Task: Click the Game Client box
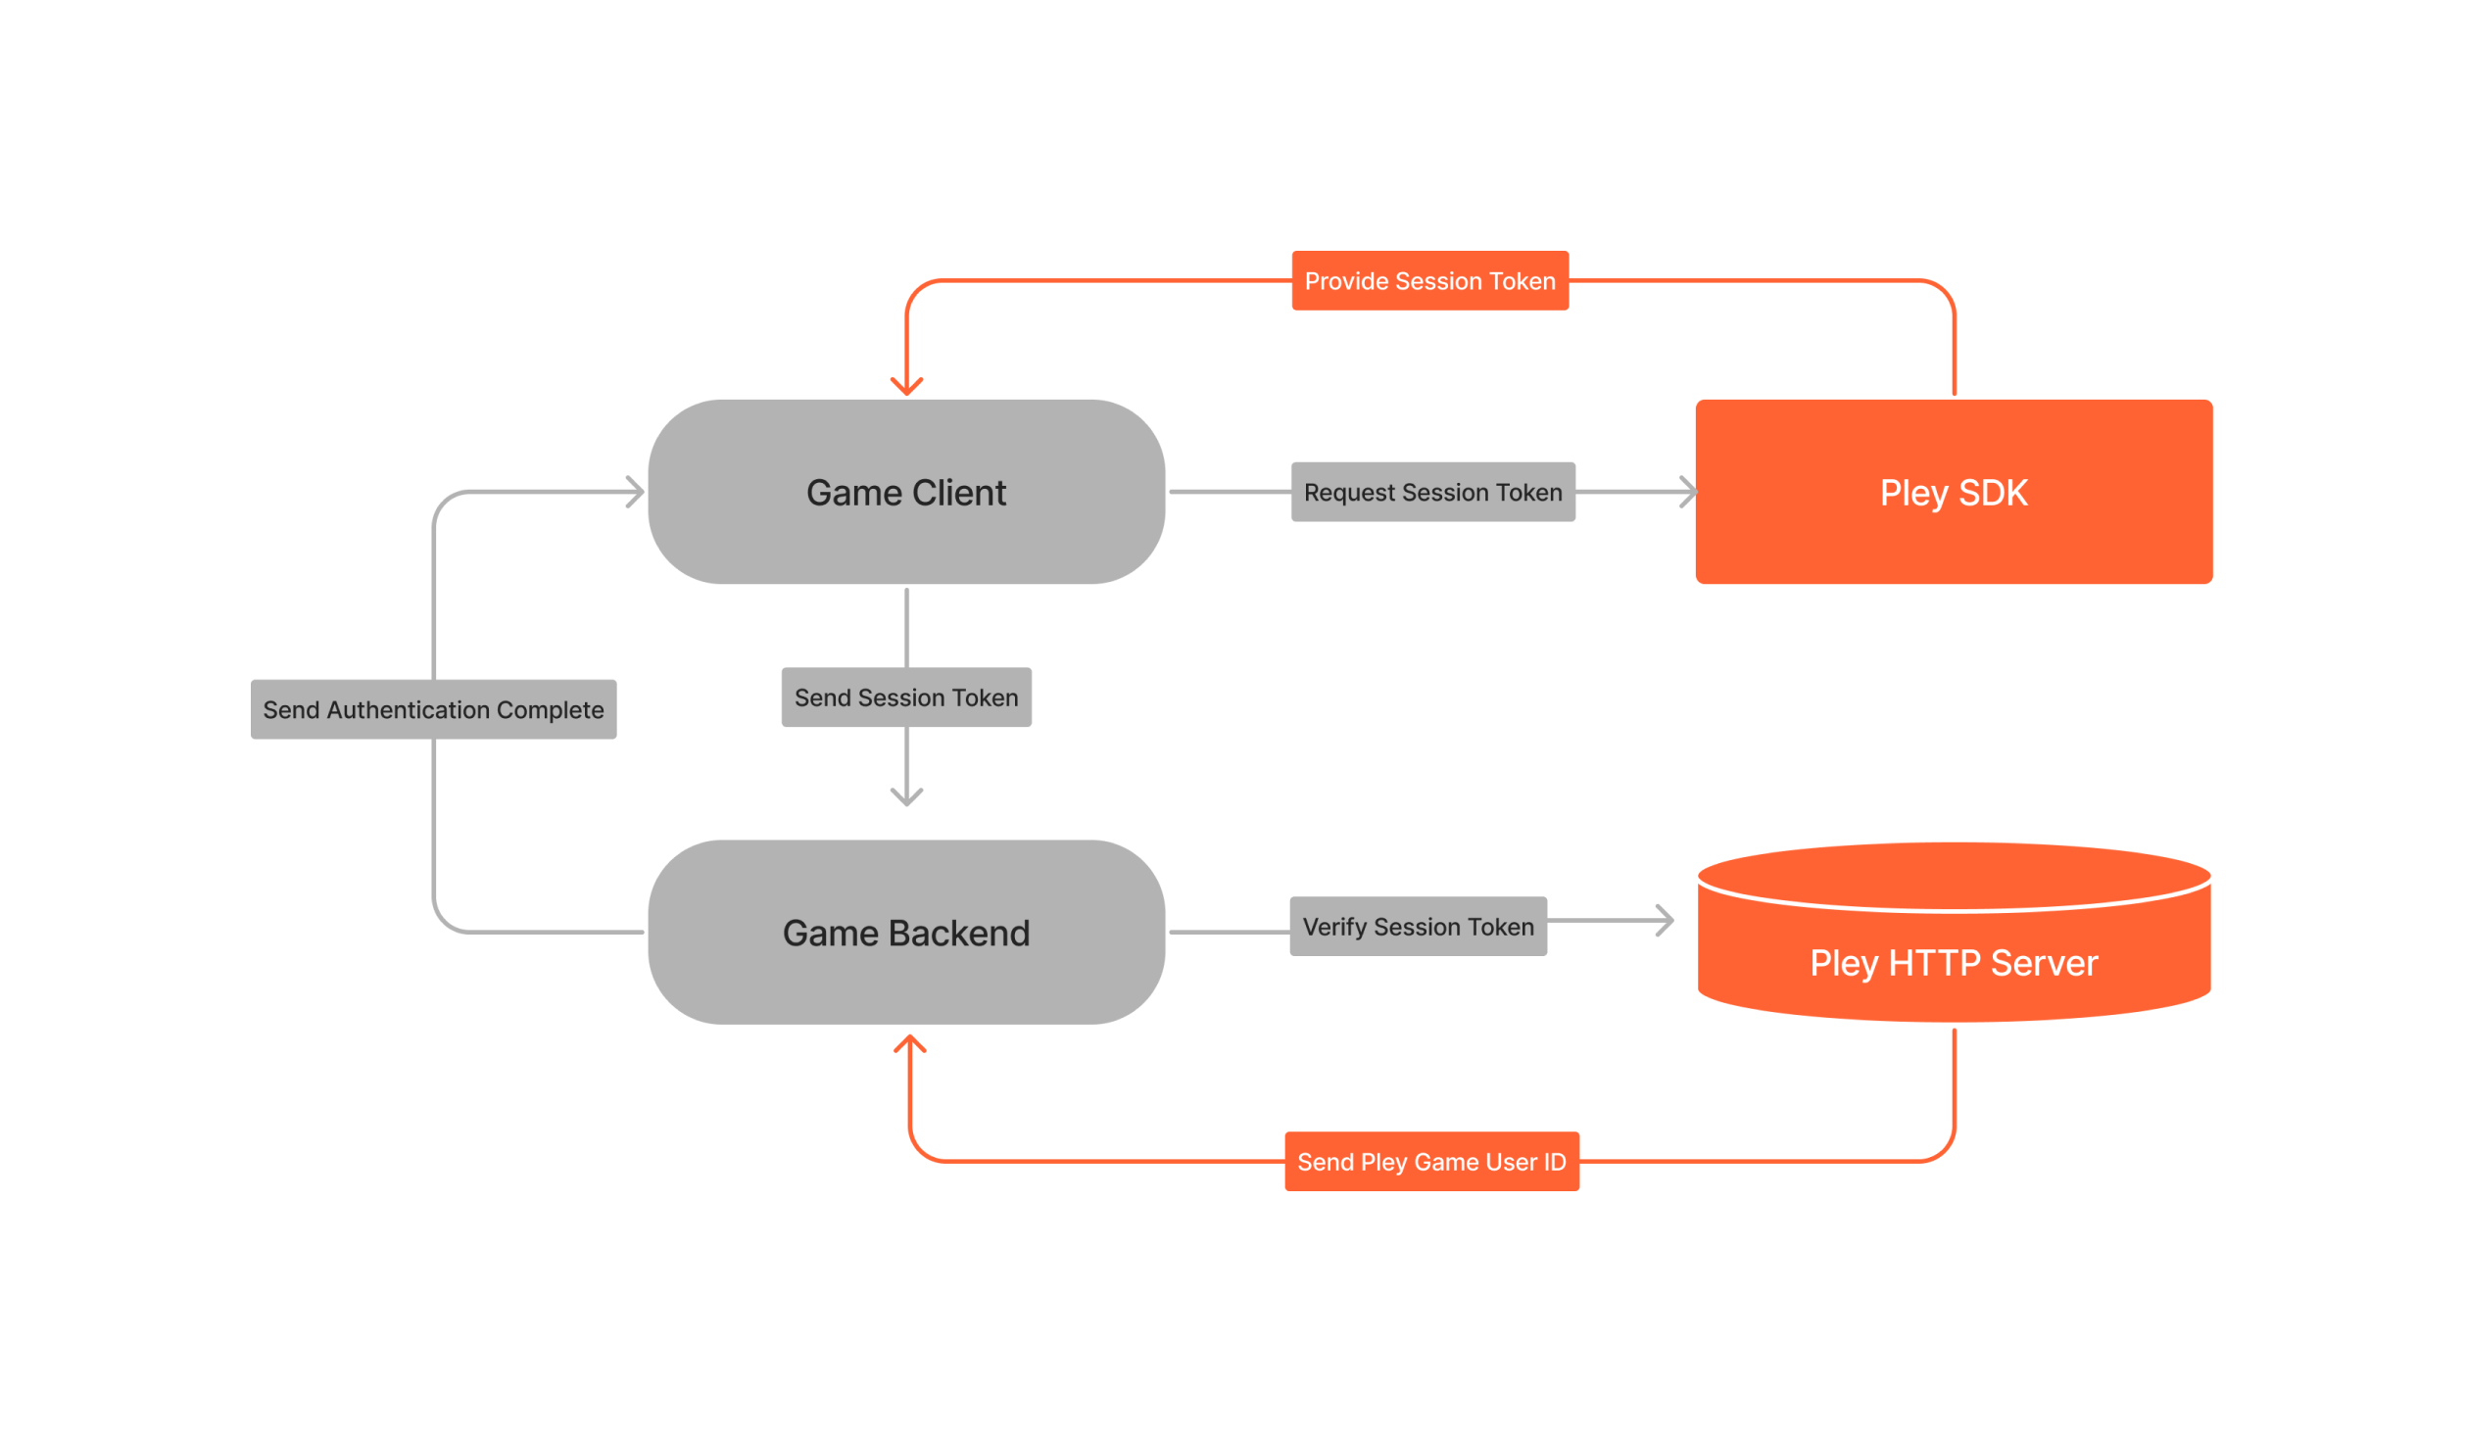tap(906, 492)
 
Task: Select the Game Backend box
tap(906, 932)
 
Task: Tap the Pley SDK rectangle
tap(1954, 492)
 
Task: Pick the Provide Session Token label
tap(1429, 281)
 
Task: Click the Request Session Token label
tap(1432, 492)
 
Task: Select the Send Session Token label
tap(906, 697)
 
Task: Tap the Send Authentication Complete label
tap(433, 709)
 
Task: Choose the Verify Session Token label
tap(1418, 926)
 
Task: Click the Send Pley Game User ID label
tap(1431, 1162)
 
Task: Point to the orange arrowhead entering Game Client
tap(906, 386)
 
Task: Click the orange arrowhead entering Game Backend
tap(910, 1044)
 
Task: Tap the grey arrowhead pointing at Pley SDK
tap(1687, 492)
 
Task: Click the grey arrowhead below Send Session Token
tap(906, 795)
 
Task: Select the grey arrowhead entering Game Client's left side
tap(636, 492)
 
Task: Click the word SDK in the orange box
tap(1993, 493)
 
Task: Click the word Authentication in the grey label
tap(408, 709)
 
